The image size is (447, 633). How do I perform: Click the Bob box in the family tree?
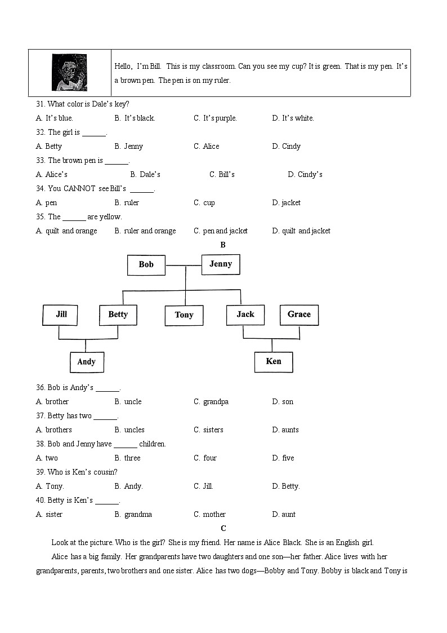tap(146, 264)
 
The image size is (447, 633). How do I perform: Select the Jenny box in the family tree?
tap(221, 264)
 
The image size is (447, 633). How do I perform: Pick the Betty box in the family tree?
tap(118, 315)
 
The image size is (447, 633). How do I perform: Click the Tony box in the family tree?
tap(184, 315)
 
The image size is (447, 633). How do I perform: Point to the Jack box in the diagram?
tap(245, 315)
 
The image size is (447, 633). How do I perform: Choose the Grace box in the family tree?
tap(299, 315)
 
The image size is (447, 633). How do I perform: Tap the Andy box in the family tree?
tap(87, 362)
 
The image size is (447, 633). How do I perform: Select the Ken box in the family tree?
tap(274, 361)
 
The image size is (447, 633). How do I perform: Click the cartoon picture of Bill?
tap(69, 73)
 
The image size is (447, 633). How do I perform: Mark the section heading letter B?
tap(223, 245)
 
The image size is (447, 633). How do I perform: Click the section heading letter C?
tap(223, 528)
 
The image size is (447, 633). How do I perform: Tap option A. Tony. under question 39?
tap(50, 486)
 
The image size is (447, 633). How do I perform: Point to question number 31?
tap(40, 104)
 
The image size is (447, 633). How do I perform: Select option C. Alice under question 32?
tap(207, 147)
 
